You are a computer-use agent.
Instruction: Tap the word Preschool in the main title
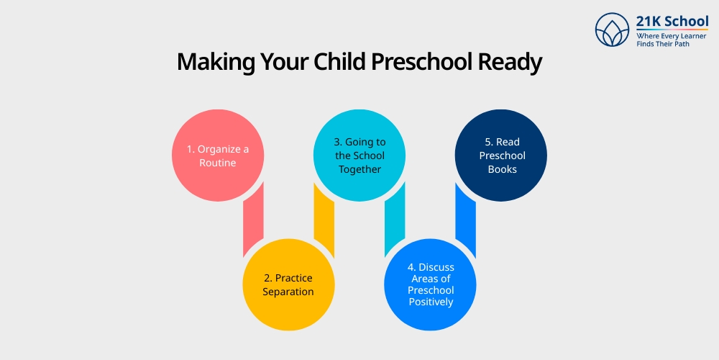coord(418,63)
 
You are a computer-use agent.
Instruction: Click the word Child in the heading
coord(341,63)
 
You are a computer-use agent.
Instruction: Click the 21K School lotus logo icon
coord(613,30)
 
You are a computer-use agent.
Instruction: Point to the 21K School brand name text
coord(672,21)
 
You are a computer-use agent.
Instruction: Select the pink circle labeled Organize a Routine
coord(218,156)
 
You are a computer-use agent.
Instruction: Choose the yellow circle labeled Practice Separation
coord(288,285)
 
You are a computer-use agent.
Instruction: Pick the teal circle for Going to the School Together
coord(359,156)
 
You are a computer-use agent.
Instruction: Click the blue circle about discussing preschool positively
coord(430,285)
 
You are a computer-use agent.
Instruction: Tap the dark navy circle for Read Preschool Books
coord(501,156)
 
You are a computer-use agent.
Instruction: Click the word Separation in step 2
coord(288,292)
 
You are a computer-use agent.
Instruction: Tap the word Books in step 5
coord(503,169)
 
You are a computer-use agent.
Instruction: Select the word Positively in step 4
coord(431,302)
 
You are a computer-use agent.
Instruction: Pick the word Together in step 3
coord(359,169)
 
